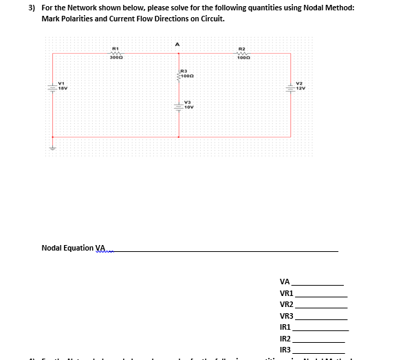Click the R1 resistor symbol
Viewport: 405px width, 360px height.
pyautogui.click(x=116, y=52)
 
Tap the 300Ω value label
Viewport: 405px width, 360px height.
pyautogui.click(x=116, y=59)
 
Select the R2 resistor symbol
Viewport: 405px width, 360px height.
pyautogui.click(x=241, y=52)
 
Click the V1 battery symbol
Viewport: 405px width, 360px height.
pyautogui.click(x=51, y=88)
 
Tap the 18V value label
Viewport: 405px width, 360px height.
pyautogui.click(x=62, y=89)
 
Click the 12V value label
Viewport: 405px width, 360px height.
pyautogui.click(x=300, y=89)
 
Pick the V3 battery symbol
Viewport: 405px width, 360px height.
pyautogui.click(x=179, y=107)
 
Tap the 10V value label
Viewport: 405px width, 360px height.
pyautogui.click(x=189, y=107)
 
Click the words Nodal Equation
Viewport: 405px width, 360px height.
pyautogui.click(x=67, y=247)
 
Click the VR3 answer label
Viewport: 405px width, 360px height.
pyautogui.click(x=287, y=316)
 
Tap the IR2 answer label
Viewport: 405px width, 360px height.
pyautogui.click(x=285, y=339)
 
